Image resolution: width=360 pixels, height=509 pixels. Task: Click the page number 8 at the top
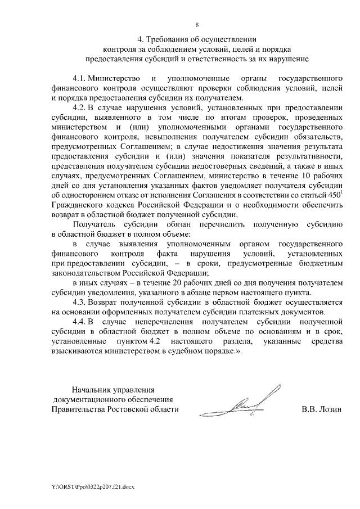tap(197, 24)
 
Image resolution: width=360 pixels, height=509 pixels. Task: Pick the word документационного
tap(88, 399)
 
